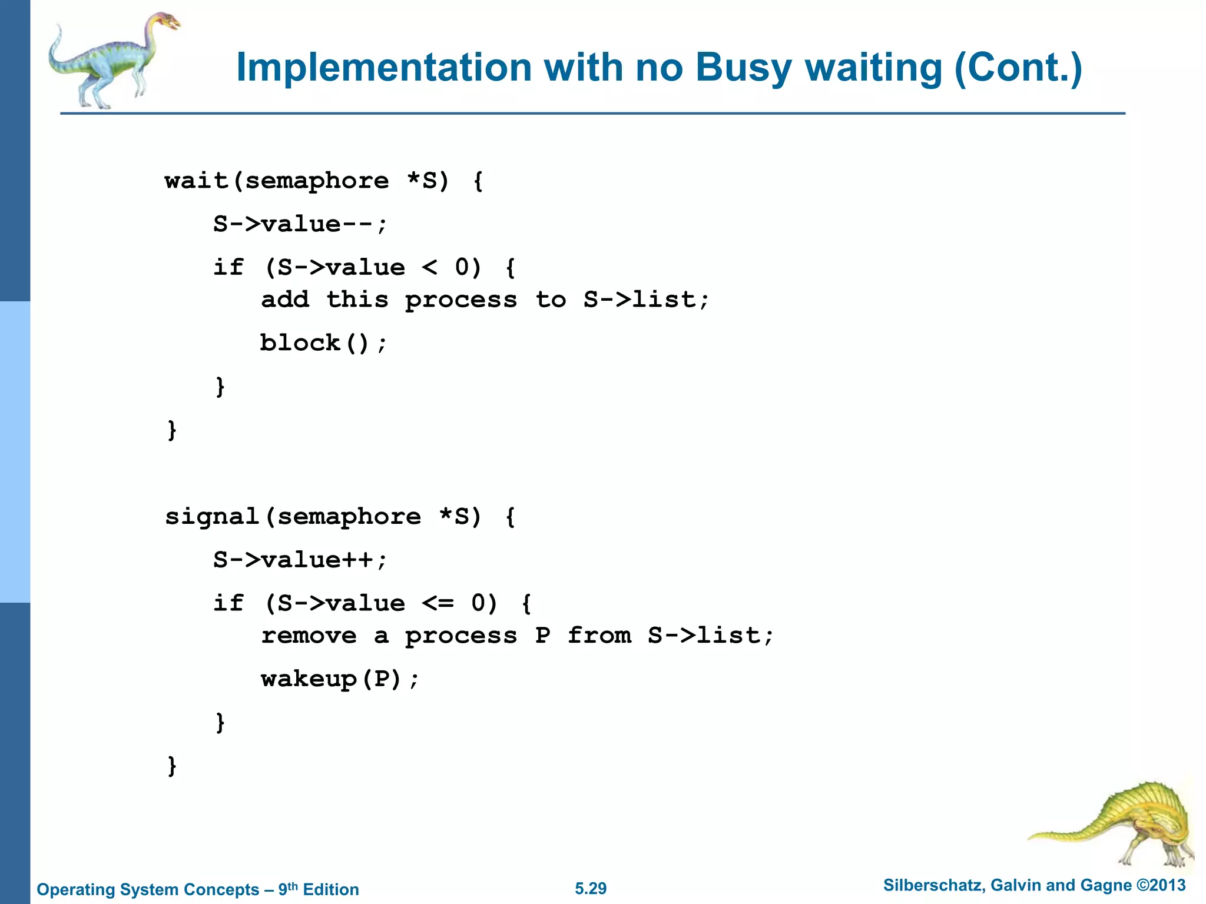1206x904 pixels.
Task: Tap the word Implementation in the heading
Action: click(x=383, y=68)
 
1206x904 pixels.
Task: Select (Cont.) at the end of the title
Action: click(x=1018, y=68)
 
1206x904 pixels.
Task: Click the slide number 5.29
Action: click(x=591, y=889)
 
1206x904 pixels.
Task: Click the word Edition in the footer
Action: click(x=330, y=889)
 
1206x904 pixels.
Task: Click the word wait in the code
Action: click(x=197, y=181)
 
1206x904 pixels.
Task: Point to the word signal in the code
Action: click(x=213, y=517)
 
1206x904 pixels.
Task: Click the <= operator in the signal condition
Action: click(x=438, y=603)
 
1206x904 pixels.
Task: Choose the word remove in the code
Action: click(x=309, y=636)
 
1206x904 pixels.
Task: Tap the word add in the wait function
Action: click(x=285, y=300)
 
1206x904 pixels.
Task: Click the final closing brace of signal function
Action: click(x=172, y=766)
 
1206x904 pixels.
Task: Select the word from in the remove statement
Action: click(x=599, y=636)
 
